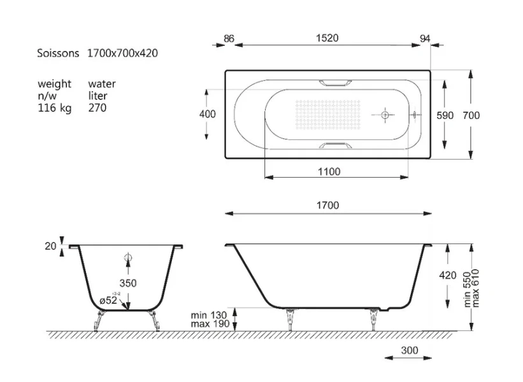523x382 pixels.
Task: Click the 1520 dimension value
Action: pos(327,38)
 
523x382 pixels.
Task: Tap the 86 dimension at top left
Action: pos(229,39)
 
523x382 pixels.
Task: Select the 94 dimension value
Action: pos(425,39)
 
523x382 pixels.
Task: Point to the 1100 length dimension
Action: pos(329,172)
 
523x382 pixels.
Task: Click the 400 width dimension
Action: pos(207,114)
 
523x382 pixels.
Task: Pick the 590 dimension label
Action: pos(445,115)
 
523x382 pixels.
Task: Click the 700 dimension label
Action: pos(471,115)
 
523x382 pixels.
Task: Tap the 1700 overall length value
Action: pos(327,205)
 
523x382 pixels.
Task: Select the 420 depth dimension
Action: pos(448,275)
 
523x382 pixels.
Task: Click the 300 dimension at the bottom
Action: pos(409,350)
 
